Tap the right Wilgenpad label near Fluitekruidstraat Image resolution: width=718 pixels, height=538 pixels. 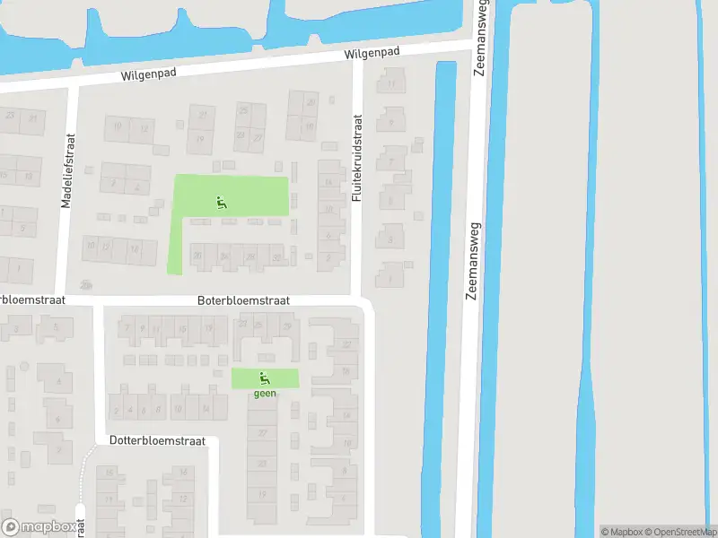point(372,55)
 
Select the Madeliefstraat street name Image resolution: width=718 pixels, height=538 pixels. point(67,171)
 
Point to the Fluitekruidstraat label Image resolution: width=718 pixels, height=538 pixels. point(356,157)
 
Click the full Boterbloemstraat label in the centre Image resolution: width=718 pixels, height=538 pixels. point(243,301)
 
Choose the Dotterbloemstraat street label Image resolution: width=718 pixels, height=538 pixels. point(158,441)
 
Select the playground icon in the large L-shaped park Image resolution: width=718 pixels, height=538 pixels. point(222,203)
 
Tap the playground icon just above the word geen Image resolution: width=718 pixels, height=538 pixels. point(264,377)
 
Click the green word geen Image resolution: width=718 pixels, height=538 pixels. point(264,392)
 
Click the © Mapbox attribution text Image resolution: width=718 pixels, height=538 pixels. point(620,532)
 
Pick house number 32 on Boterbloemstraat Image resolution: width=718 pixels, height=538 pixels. point(276,258)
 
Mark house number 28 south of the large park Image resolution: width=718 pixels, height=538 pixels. point(250,258)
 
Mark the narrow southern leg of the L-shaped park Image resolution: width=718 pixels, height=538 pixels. point(175,247)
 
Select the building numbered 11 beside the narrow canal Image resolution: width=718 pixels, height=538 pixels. point(392,85)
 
